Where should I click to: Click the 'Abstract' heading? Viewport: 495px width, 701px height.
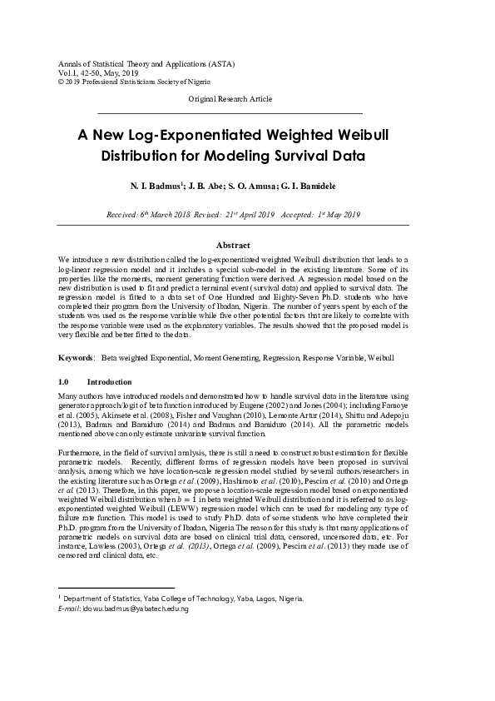233,245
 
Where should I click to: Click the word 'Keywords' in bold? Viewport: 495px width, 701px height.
77,380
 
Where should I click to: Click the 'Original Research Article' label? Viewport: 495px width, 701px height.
230,99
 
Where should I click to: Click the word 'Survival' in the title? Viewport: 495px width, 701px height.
310,156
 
